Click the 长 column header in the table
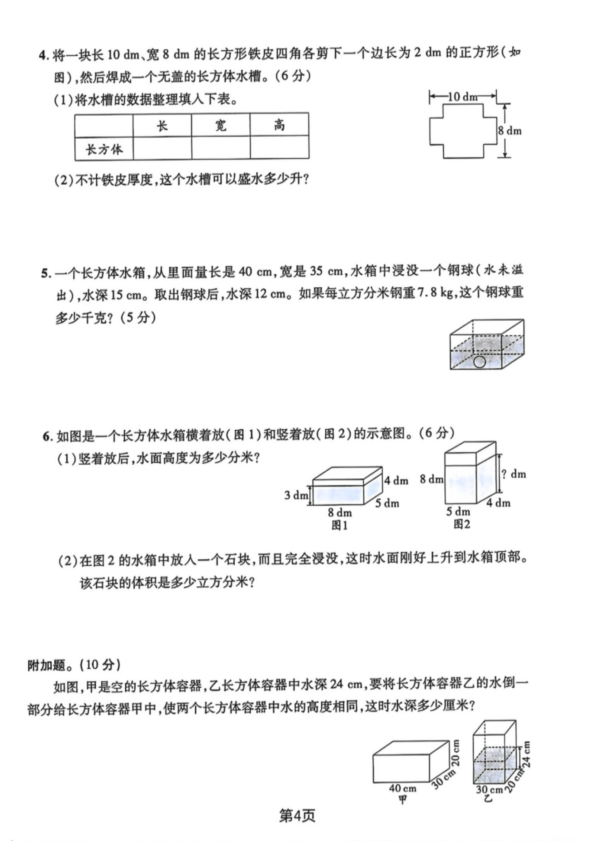(162, 126)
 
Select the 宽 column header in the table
(221, 126)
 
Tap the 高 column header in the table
(279, 126)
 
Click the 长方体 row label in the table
(104, 149)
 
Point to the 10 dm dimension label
(463, 96)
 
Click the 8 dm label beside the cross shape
(510, 131)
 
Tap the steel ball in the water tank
(479, 362)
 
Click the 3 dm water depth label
(295, 495)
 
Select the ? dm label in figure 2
(514, 474)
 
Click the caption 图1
(339, 526)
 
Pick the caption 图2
(461, 524)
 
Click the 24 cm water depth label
(527, 754)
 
